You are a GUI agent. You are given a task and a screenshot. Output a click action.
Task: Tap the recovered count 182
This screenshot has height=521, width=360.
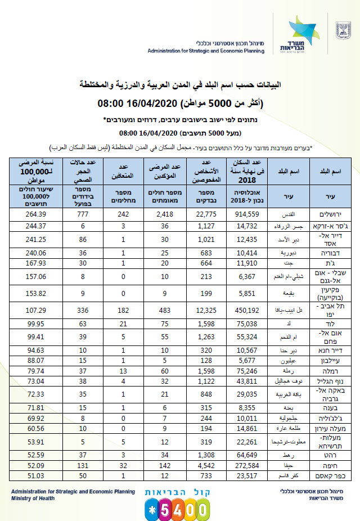coord(124,310)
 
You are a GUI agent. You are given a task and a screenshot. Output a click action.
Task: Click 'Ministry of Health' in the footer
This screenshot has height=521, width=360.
coord(33,498)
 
